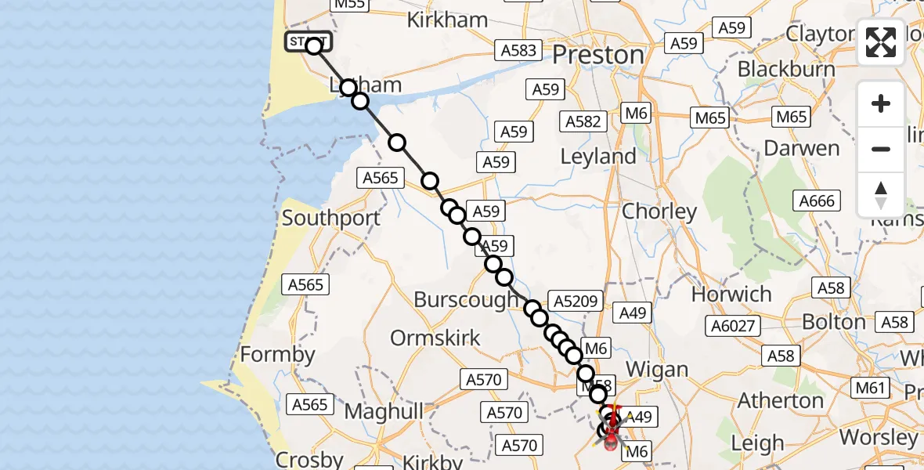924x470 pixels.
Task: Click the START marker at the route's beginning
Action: [308, 42]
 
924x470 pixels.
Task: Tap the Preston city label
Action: [599, 55]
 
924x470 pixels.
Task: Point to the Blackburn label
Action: [785, 68]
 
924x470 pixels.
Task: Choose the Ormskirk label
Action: [435, 338]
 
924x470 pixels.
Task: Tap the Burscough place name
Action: [465, 299]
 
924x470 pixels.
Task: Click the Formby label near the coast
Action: [277, 354]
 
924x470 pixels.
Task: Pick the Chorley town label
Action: [659, 211]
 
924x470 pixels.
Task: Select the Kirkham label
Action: [447, 20]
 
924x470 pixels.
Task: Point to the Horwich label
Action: [731, 295]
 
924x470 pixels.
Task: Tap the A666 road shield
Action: [817, 201]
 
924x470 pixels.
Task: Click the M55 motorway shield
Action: [350, 5]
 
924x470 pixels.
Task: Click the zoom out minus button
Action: [881, 149]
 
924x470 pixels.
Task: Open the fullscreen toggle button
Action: [881, 42]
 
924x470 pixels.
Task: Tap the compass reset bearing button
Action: [881, 194]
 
